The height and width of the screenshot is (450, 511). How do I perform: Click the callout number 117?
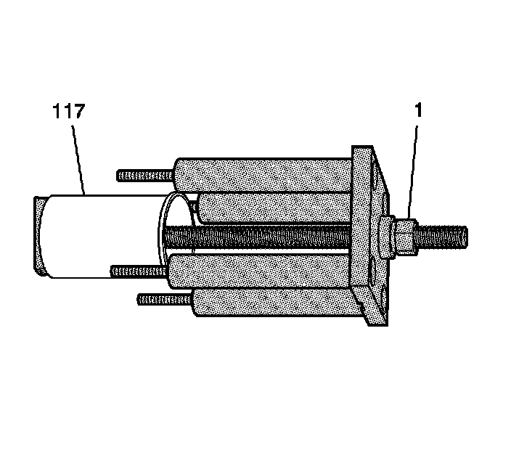pos(68,112)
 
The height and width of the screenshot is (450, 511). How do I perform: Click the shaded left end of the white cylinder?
pos(39,236)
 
